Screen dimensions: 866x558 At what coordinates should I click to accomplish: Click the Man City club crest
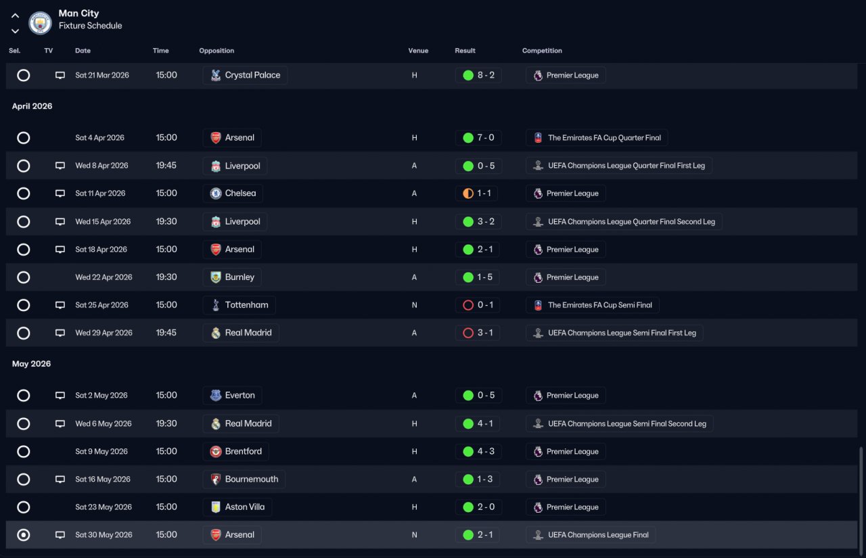pos(40,23)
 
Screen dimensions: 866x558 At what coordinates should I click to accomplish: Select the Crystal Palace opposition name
pos(252,75)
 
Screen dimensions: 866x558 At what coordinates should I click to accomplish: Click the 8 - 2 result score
pos(486,75)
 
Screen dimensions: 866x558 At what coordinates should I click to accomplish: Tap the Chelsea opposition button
pos(233,193)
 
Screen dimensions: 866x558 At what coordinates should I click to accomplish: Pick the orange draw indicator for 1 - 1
pos(468,193)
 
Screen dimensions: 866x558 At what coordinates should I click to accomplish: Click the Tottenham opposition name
pos(247,305)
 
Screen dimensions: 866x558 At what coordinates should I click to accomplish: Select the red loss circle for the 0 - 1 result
pos(468,305)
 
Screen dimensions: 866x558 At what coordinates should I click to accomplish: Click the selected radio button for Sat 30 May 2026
pos(24,535)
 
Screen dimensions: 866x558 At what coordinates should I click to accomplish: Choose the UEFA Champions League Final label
pos(598,535)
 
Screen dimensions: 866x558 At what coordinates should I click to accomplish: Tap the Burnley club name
pos(240,277)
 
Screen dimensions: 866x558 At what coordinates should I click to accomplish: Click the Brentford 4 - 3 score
pos(486,451)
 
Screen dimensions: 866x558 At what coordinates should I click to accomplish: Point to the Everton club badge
pos(216,395)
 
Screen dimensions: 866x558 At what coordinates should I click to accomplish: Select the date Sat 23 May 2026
pos(104,507)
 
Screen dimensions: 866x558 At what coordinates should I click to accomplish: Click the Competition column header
pos(542,51)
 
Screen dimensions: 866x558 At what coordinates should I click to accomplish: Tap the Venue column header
pos(418,51)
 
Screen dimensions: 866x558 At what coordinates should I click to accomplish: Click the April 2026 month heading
pos(32,106)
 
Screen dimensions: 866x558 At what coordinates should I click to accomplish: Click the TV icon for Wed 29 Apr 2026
pos(60,333)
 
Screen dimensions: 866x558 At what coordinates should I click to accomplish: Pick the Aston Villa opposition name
pos(245,507)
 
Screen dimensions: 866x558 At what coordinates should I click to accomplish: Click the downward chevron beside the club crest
pos(15,31)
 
